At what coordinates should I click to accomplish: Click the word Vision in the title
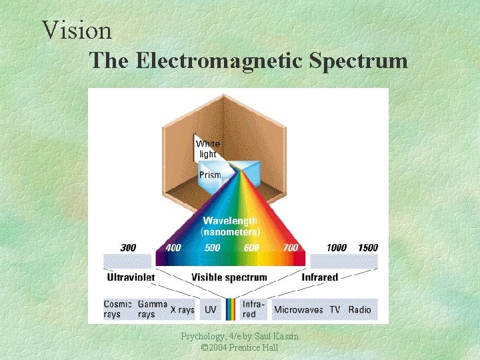(77, 30)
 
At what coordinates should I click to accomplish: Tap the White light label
(207, 149)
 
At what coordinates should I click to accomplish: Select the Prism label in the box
(209, 175)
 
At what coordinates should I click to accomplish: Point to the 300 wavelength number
(128, 248)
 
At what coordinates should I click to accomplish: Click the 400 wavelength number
(173, 248)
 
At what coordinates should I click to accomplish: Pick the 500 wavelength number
(212, 248)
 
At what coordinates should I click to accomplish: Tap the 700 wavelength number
(290, 248)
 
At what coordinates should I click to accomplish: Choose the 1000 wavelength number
(336, 248)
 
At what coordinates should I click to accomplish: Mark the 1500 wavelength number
(367, 248)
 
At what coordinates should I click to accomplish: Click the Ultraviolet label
(131, 277)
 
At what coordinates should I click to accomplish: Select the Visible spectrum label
(229, 277)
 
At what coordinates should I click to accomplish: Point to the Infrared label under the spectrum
(320, 277)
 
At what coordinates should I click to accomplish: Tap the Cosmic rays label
(117, 309)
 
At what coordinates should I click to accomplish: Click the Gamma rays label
(152, 309)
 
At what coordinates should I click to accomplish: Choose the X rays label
(182, 310)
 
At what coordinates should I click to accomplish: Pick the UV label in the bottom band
(211, 310)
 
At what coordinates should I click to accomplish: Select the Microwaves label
(299, 310)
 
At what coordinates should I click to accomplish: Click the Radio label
(359, 310)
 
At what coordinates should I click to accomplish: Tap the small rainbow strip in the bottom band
(230, 309)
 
